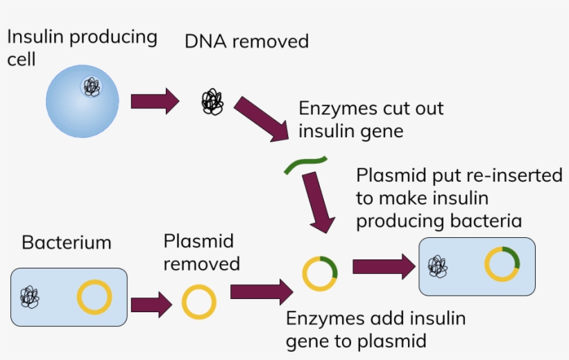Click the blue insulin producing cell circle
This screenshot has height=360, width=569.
(x=82, y=104)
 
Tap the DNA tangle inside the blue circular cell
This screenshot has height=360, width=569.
(x=92, y=87)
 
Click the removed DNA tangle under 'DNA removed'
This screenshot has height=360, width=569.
(x=212, y=103)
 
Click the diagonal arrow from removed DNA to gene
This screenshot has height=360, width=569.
(x=262, y=121)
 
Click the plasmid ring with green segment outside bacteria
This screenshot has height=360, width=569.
(x=320, y=273)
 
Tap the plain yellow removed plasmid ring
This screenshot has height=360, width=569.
(x=199, y=303)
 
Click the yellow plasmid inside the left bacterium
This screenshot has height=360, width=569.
(x=94, y=298)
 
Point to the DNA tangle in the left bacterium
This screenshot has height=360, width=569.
(x=29, y=297)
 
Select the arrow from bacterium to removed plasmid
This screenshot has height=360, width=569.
(x=151, y=304)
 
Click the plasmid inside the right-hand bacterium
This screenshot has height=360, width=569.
(x=502, y=264)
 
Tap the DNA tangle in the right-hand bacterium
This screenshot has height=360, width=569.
(x=438, y=266)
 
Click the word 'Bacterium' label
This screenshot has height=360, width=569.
(x=67, y=243)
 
